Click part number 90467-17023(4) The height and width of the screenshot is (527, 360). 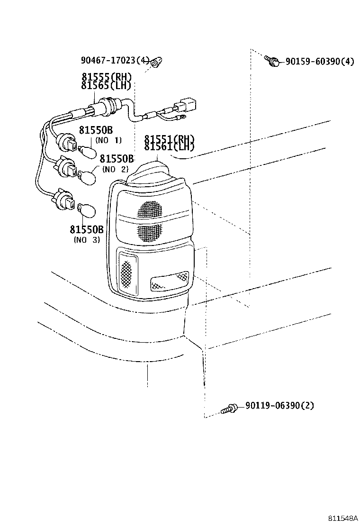[115, 60]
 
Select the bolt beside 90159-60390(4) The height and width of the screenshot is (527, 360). [272, 61]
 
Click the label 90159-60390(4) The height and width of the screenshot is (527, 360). [319, 61]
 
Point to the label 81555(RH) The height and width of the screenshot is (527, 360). [107, 77]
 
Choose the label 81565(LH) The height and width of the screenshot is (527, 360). [106, 85]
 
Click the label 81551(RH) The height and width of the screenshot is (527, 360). [169, 139]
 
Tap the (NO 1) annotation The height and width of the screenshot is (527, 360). [108, 140]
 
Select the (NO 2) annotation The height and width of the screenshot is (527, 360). [115, 169]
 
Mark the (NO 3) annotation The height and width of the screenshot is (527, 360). [87, 239]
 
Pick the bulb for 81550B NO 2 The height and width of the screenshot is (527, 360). [88, 177]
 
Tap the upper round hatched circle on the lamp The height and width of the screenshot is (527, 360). [151, 209]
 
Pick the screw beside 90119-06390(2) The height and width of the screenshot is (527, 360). [229, 409]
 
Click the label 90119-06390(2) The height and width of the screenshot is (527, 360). [279, 406]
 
